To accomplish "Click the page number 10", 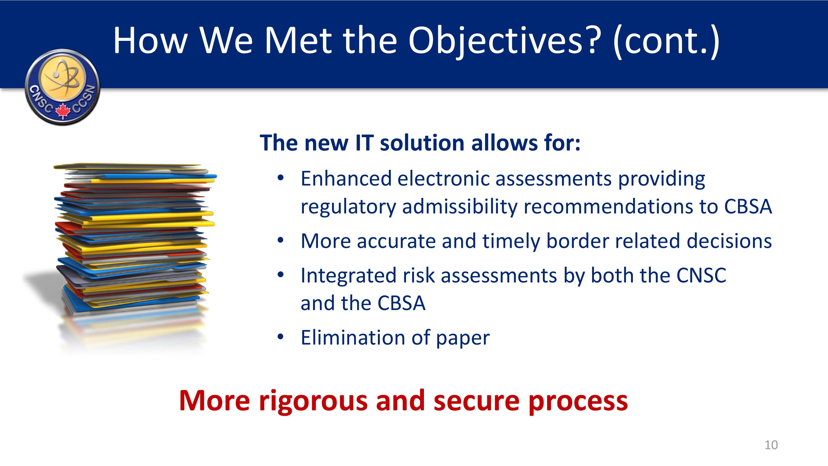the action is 771,445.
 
